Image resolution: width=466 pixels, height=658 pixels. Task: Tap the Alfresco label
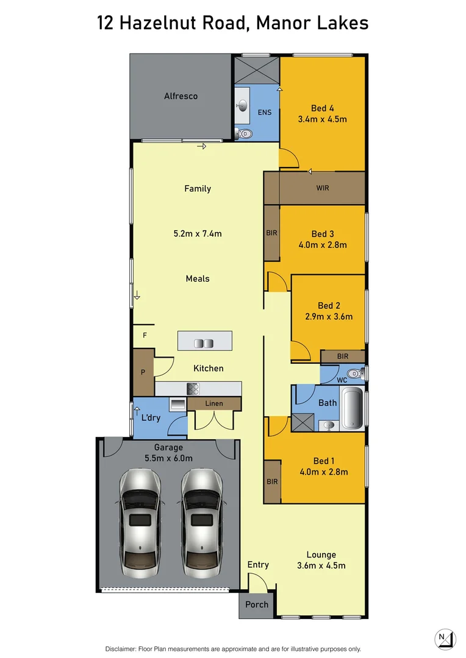(x=181, y=96)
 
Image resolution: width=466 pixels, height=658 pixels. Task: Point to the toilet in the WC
(x=354, y=373)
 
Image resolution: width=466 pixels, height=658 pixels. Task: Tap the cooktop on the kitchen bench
(x=193, y=389)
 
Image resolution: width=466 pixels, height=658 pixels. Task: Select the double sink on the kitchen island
(x=203, y=344)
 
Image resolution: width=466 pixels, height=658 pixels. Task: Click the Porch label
(x=257, y=605)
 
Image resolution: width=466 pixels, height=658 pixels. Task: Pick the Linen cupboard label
(x=214, y=403)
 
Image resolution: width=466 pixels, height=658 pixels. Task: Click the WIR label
(x=323, y=188)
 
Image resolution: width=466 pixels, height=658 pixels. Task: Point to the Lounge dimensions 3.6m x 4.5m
(x=321, y=565)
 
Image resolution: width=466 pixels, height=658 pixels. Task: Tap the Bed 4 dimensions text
(x=322, y=119)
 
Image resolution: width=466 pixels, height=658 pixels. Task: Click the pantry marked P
(x=143, y=372)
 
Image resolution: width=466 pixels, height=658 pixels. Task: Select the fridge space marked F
(x=145, y=335)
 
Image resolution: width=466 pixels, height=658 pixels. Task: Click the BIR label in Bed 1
(x=272, y=481)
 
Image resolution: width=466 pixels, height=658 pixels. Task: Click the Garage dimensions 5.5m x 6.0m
(x=168, y=458)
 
